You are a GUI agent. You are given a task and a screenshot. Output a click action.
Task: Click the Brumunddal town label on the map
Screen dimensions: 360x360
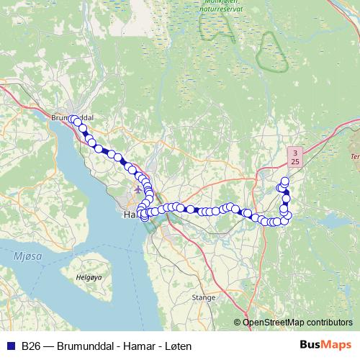coord(73,116)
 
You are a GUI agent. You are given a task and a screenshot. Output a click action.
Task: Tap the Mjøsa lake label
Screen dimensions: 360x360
coord(27,256)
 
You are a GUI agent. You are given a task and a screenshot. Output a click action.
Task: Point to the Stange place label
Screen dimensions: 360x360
coord(204,296)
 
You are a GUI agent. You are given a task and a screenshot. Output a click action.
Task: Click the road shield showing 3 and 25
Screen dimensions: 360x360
coord(295,157)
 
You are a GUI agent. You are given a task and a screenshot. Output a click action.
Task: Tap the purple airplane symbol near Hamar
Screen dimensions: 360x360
coord(138,189)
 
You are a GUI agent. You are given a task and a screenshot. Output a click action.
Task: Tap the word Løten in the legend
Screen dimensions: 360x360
coord(178,346)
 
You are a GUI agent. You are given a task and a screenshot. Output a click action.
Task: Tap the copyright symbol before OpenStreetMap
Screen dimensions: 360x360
coord(238,323)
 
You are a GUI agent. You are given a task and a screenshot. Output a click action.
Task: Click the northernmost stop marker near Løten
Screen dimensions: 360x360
coord(285,181)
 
